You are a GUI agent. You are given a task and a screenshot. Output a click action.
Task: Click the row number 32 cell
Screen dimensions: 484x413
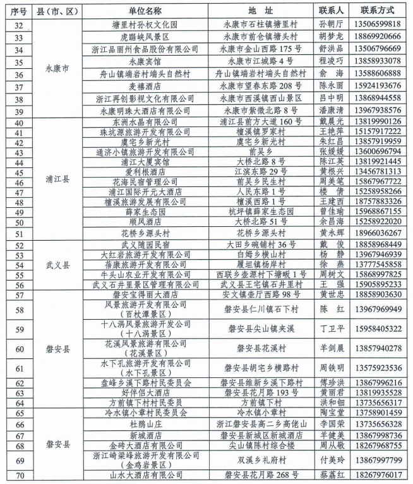pos(18,25)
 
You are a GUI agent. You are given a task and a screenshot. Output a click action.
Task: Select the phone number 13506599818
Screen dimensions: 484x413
pos(377,25)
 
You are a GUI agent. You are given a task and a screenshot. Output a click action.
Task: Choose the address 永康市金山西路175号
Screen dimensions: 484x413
pos(259,49)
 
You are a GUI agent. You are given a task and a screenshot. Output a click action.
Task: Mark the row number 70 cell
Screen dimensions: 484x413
pos(18,475)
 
